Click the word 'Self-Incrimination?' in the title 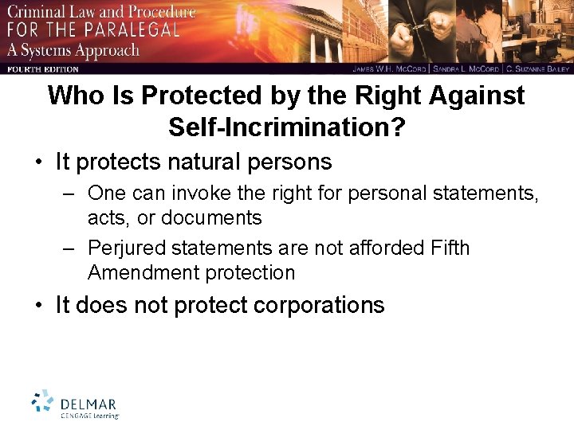click(x=286, y=126)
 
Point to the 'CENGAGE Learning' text click(x=90, y=415)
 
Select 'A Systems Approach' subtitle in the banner click(x=73, y=50)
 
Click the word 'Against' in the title click(x=474, y=96)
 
